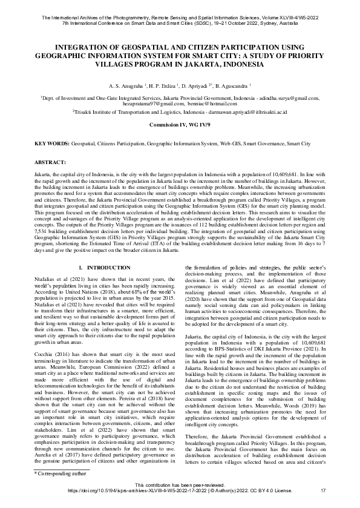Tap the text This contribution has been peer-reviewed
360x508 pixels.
click(180, 485)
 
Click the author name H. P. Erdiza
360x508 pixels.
click(162, 87)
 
